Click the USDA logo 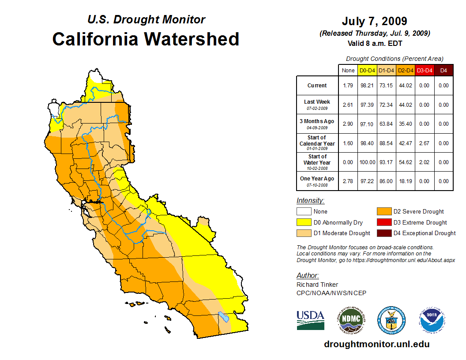click(x=310, y=319)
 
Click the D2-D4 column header click(x=405, y=70)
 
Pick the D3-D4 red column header click(x=424, y=70)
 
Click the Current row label click(x=317, y=86)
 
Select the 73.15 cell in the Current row click(x=387, y=86)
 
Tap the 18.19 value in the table click(x=405, y=181)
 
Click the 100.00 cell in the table click(x=367, y=162)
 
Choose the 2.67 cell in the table click(x=424, y=143)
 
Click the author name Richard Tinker click(x=317, y=285)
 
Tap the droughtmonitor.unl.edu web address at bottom click(x=377, y=344)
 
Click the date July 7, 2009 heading click(x=374, y=21)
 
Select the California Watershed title click(x=146, y=39)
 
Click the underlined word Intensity click(x=310, y=201)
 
